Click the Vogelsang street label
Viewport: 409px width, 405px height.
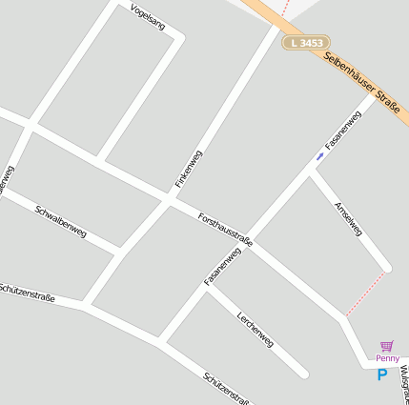[x=146, y=17]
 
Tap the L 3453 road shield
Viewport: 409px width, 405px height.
[x=304, y=44]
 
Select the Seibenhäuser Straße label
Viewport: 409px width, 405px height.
[x=361, y=83]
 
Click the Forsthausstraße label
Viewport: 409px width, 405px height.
[x=225, y=231]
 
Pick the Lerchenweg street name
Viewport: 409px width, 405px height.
[x=256, y=329]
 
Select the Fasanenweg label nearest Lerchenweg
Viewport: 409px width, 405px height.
[x=222, y=265]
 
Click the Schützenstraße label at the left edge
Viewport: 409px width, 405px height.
[x=27, y=293]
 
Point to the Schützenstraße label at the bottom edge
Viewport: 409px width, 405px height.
[x=227, y=389]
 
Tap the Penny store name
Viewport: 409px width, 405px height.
[x=387, y=358]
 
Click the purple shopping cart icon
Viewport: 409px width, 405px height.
[x=386, y=346]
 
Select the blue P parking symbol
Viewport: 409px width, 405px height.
[x=382, y=375]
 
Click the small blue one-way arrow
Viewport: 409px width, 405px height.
[x=320, y=156]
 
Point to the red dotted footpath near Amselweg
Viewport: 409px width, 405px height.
[x=365, y=294]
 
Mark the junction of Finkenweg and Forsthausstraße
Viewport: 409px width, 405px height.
[x=169, y=202]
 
